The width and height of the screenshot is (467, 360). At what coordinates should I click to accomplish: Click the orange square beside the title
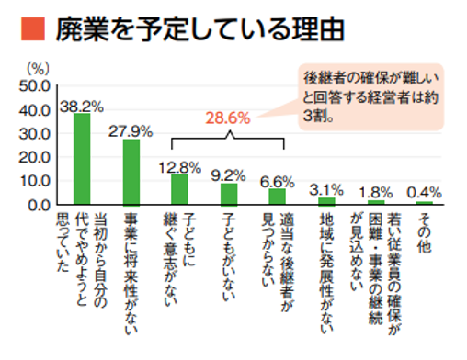point(28,31)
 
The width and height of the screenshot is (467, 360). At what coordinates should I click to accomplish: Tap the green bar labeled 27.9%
point(130,171)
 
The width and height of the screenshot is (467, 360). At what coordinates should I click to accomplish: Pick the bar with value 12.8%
point(179,188)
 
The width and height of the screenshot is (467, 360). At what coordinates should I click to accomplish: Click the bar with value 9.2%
point(229,193)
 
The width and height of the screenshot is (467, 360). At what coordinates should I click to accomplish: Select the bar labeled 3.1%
point(326,199)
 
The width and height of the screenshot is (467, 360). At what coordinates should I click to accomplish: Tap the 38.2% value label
point(82,105)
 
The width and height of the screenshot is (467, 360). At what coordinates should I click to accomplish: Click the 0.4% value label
point(424,191)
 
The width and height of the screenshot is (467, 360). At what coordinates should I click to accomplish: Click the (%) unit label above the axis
point(38,67)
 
